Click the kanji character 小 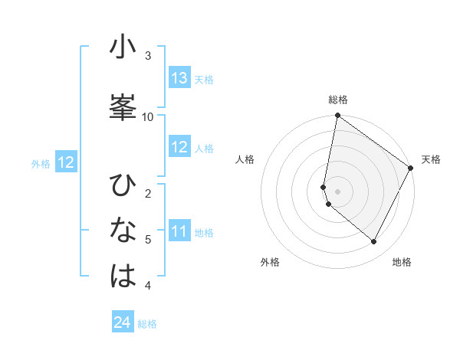click(123, 47)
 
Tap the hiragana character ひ click(123, 186)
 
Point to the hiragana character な click(123, 230)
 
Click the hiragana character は click(123, 276)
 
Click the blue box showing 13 click(179, 78)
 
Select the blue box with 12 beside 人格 click(179, 147)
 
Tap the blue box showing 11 click(179, 231)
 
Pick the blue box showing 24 click(123, 322)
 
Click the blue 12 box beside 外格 click(66, 162)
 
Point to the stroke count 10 click(148, 116)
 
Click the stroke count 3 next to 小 click(148, 55)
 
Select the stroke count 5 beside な click(148, 239)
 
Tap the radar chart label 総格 click(338, 100)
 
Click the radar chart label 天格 click(431, 159)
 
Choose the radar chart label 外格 click(270, 262)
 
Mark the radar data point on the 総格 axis click(337, 116)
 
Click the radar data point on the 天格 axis click(411, 168)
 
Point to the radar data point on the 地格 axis click(374, 242)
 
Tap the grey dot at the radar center click(337, 191)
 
